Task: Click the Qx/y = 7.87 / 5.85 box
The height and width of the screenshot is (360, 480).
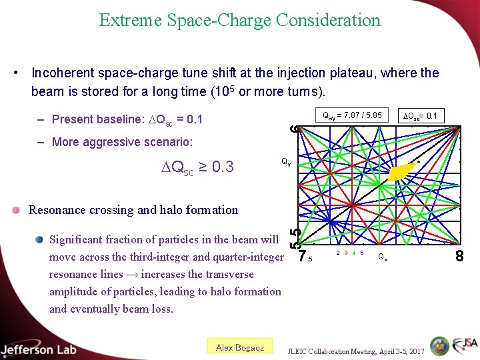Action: pos(352,116)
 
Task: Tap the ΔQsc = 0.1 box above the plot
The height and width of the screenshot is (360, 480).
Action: pos(421,116)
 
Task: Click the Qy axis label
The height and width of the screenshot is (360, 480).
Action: pos(285,161)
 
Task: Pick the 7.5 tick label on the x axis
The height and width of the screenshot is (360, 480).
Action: pos(305,257)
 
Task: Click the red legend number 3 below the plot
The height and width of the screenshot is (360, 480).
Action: pos(346,253)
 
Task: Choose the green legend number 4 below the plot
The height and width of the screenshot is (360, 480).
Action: pos(353,253)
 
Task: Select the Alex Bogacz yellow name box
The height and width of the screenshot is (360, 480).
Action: pos(240,347)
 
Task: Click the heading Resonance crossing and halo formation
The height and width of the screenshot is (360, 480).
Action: pos(133,210)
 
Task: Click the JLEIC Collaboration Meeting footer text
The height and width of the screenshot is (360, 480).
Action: pos(355,351)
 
